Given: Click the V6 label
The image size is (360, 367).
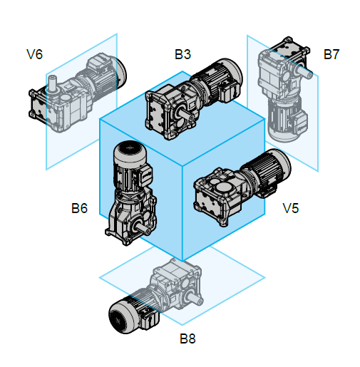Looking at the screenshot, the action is pyautogui.click(x=35, y=54).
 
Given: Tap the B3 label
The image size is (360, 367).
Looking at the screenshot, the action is pyautogui.click(x=182, y=54).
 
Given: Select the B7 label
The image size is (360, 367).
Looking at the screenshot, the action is pyautogui.click(x=331, y=54).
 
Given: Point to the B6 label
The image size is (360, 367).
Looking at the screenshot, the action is pyautogui.click(x=79, y=208).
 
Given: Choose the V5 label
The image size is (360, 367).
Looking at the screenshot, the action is pyautogui.click(x=291, y=208).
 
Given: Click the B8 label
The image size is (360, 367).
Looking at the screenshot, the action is pyautogui.click(x=187, y=338).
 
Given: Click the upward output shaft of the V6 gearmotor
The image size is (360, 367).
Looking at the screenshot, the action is pyautogui.click(x=53, y=83).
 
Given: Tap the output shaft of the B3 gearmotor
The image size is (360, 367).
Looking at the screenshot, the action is pyautogui.click(x=186, y=114).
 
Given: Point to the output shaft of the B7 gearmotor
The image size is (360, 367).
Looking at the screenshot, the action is pyautogui.click(x=304, y=71).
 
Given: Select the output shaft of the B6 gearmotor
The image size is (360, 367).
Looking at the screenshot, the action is pyautogui.click(x=142, y=228).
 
